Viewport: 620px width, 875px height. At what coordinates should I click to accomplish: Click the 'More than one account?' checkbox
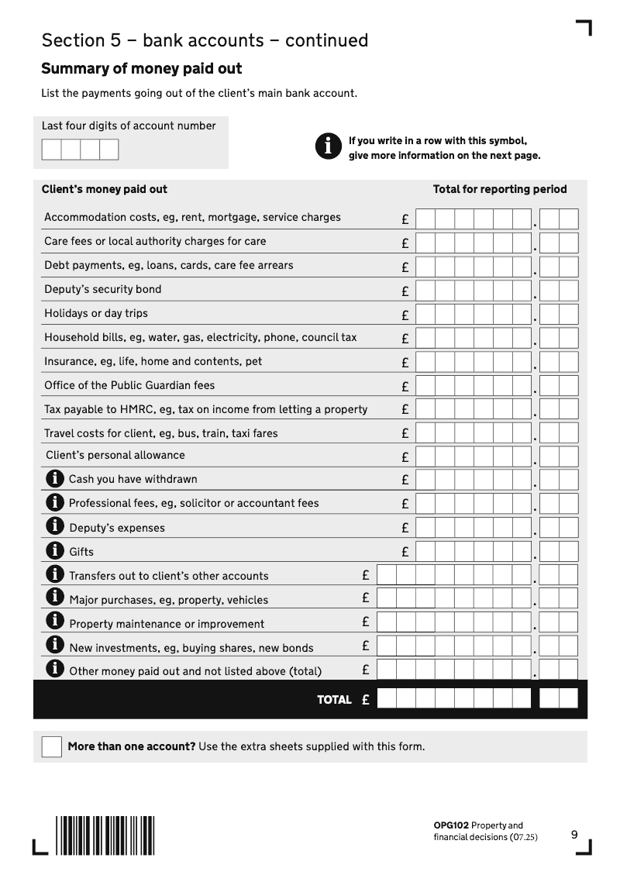(x=51, y=746)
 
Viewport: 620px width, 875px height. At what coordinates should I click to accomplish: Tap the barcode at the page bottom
(x=105, y=835)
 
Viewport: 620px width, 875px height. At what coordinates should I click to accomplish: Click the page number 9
(x=574, y=835)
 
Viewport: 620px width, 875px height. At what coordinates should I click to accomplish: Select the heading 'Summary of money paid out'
(x=141, y=69)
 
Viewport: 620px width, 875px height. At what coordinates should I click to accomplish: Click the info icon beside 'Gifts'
(x=55, y=551)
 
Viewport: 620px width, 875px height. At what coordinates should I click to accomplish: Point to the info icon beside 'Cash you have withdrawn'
(x=55, y=479)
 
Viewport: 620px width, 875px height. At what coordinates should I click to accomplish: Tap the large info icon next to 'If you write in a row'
(x=328, y=146)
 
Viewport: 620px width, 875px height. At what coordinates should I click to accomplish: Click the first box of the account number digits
(x=51, y=149)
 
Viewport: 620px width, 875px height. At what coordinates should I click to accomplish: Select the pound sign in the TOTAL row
(x=365, y=700)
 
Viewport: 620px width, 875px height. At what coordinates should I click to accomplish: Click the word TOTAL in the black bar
(x=334, y=700)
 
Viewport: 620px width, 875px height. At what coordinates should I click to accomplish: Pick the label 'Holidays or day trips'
(x=96, y=313)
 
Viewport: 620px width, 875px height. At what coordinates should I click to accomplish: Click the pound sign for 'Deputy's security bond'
(x=405, y=292)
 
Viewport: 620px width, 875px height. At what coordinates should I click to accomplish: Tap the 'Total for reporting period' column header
(x=500, y=189)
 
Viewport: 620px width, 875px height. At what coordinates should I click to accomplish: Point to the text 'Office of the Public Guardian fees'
(x=129, y=385)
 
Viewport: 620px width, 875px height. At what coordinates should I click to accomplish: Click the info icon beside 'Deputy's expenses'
(x=55, y=527)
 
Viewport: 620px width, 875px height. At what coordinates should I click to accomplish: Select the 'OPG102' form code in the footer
(x=451, y=825)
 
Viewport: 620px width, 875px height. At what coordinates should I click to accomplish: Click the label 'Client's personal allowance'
(x=115, y=455)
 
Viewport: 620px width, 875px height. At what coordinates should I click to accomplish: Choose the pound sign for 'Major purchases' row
(x=366, y=598)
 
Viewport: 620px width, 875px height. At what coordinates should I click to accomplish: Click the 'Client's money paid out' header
(x=105, y=189)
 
